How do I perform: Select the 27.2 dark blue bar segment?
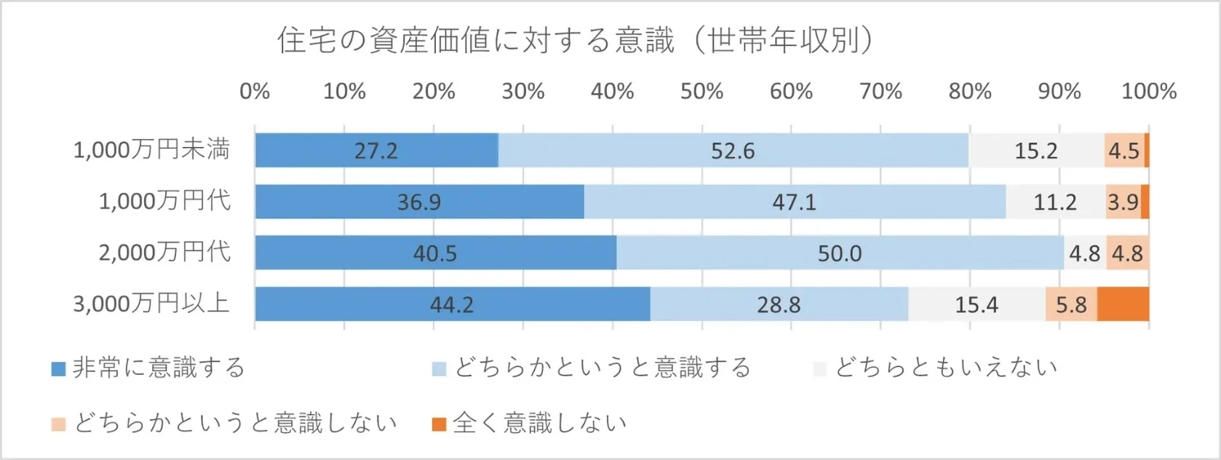click(376, 151)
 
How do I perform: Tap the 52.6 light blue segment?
click(733, 151)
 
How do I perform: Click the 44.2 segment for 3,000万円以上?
click(452, 304)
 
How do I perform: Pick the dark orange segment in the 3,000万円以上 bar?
click(1123, 304)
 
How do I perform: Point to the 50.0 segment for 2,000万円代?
click(839, 253)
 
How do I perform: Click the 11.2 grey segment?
click(1055, 202)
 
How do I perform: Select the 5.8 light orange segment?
click(1071, 304)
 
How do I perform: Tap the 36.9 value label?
click(419, 202)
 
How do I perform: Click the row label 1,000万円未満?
click(151, 150)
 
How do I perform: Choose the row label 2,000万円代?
click(164, 253)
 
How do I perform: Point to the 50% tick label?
click(701, 92)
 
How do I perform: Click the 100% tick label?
click(1148, 92)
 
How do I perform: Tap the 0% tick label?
click(255, 92)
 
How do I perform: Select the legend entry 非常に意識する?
click(158, 368)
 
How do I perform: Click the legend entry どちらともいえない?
click(945, 368)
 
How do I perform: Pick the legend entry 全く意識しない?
click(538, 423)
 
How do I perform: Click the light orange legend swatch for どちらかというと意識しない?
click(59, 424)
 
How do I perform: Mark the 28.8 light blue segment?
click(779, 304)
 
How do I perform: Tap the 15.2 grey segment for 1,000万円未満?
click(1035, 151)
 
